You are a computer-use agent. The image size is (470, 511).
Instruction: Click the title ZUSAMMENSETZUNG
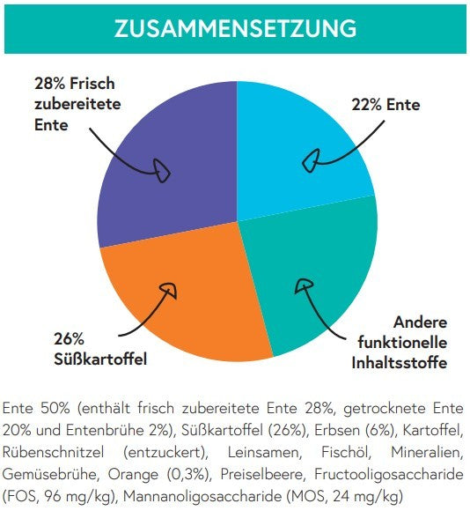point(235,28)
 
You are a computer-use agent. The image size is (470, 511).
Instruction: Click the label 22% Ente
point(386,105)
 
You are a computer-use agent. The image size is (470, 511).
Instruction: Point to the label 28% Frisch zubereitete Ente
point(77,104)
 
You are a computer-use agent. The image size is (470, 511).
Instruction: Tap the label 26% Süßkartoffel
point(100,350)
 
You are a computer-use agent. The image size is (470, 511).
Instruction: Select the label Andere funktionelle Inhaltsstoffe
point(400,343)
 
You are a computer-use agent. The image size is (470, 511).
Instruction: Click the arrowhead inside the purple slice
point(161,170)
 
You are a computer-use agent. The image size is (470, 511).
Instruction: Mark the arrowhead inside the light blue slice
point(311,160)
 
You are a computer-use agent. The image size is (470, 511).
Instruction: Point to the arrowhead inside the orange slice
point(169,289)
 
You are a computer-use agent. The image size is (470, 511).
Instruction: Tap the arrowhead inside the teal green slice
point(304,285)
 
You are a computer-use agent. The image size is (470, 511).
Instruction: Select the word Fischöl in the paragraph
point(345,453)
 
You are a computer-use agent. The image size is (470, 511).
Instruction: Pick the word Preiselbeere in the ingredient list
point(263,475)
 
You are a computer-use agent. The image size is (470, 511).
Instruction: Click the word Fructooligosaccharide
point(389,475)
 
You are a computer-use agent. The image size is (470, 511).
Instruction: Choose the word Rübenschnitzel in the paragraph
point(53,453)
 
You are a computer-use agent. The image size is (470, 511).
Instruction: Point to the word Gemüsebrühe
point(48,475)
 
